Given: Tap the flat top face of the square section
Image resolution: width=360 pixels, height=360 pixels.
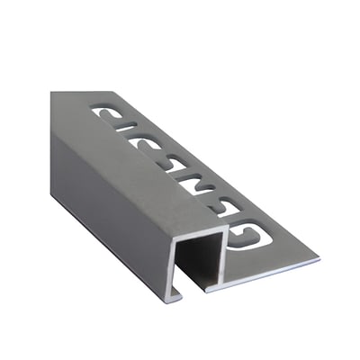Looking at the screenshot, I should [135, 162].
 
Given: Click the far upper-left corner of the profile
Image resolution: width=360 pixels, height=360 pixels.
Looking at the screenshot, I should [51, 93].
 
